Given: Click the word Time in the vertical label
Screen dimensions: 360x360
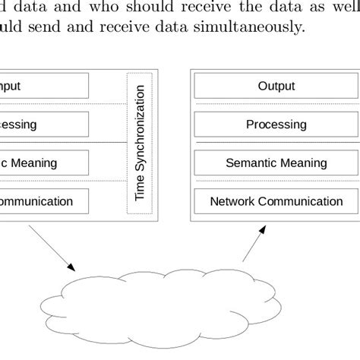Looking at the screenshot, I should click(x=139, y=191).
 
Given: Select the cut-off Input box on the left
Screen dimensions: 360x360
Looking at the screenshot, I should click(x=44, y=86).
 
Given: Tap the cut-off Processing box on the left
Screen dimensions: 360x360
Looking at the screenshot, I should click(x=44, y=124).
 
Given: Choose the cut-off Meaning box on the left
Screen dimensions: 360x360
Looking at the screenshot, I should click(x=44, y=163).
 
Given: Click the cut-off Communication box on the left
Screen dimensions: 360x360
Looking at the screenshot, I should click(x=44, y=201).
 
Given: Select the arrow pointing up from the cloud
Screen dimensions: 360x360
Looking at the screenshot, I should click(x=254, y=242).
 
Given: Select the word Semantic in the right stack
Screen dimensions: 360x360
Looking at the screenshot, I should click(x=251, y=163).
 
